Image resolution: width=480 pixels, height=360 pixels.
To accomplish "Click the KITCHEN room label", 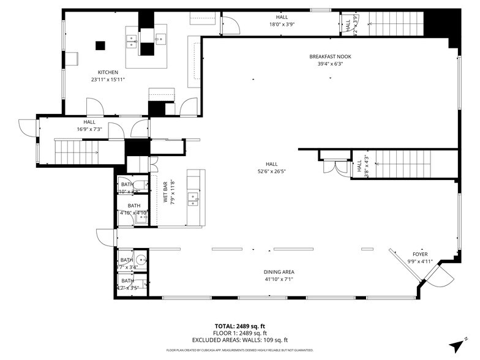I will pyautogui.click(x=108, y=72).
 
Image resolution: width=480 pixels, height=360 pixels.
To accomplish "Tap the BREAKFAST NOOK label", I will pyautogui.click(x=334, y=56).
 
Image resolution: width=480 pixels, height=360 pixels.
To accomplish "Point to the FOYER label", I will pyautogui.click(x=419, y=254).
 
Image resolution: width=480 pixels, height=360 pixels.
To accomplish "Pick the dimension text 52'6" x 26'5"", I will pyautogui.click(x=272, y=171).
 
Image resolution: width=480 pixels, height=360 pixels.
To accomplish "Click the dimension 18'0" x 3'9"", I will pyautogui.click(x=282, y=24).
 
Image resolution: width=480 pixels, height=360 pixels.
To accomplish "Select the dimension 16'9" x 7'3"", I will pyautogui.click(x=89, y=129).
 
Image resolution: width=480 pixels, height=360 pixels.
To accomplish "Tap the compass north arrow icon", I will pyautogui.click(x=456, y=346).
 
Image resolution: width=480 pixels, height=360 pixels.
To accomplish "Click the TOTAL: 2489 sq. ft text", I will pyautogui.click(x=239, y=326).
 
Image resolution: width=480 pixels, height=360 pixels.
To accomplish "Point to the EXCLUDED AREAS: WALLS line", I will pyautogui.click(x=239, y=340).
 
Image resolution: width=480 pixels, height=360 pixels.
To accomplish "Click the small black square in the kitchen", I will pyautogui.click(x=100, y=44).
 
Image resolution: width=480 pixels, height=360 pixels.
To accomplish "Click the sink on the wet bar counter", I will pyautogui.click(x=192, y=197).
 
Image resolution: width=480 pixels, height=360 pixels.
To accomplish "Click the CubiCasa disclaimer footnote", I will pyautogui.click(x=239, y=351).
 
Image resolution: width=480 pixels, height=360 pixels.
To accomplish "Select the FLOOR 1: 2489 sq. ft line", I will pyautogui.click(x=239, y=333).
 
